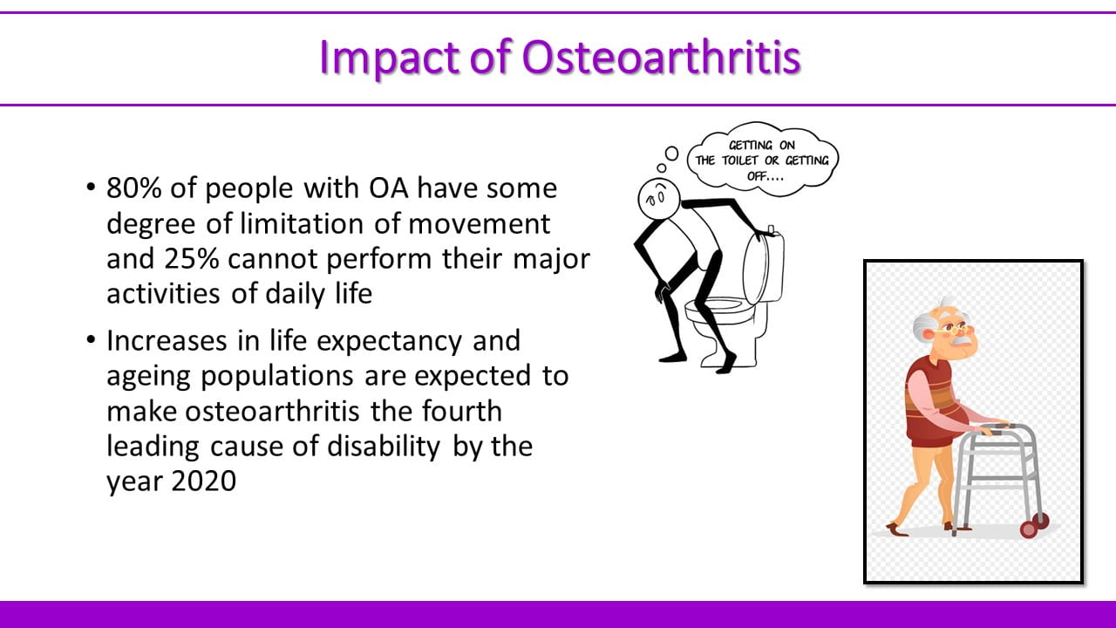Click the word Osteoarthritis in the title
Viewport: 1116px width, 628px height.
[661, 57]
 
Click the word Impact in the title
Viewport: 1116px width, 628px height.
[388, 58]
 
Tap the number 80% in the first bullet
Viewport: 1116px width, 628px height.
[134, 188]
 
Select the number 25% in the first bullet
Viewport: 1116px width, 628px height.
[192, 259]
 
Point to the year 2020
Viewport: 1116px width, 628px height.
[204, 481]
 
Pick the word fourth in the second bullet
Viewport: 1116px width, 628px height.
[462, 411]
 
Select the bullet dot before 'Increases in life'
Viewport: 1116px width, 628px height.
[91, 340]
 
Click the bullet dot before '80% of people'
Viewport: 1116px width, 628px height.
[91, 188]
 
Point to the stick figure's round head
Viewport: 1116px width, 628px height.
[659, 198]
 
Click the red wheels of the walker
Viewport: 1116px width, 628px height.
[1035, 525]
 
